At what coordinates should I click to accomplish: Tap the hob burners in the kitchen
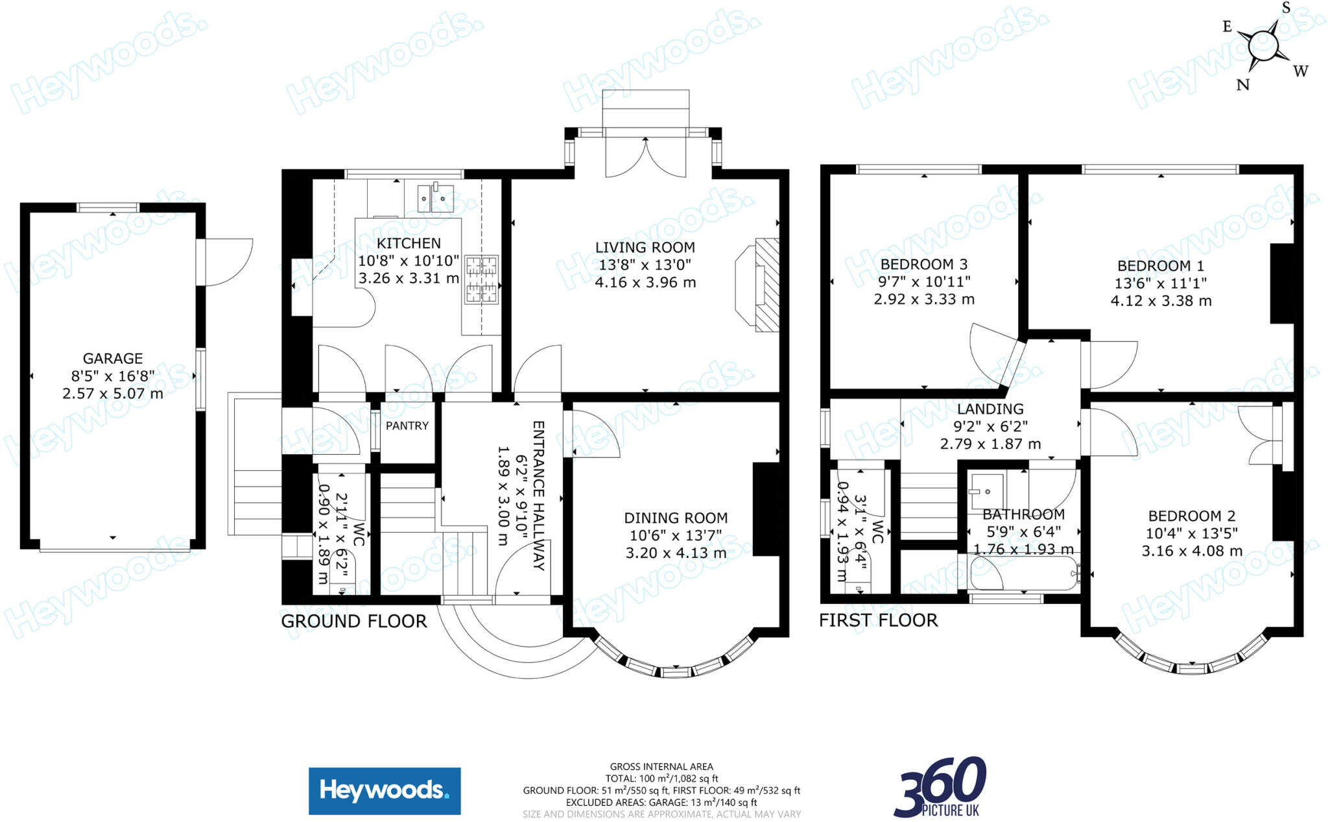[480, 280]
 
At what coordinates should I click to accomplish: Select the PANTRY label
[407, 426]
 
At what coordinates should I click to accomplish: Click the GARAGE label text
[113, 358]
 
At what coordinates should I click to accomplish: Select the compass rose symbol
[1264, 47]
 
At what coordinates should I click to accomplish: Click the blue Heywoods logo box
[385, 791]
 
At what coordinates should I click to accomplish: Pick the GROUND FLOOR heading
[354, 622]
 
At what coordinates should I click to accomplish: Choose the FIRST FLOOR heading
[878, 620]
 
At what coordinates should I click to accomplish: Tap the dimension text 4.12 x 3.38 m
[1161, 301]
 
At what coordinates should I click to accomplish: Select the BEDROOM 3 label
[923, 264]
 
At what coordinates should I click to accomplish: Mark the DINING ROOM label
[676, 518]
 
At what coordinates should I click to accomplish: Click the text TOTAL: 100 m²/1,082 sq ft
[661, 779]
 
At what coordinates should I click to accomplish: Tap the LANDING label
[990, 409]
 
